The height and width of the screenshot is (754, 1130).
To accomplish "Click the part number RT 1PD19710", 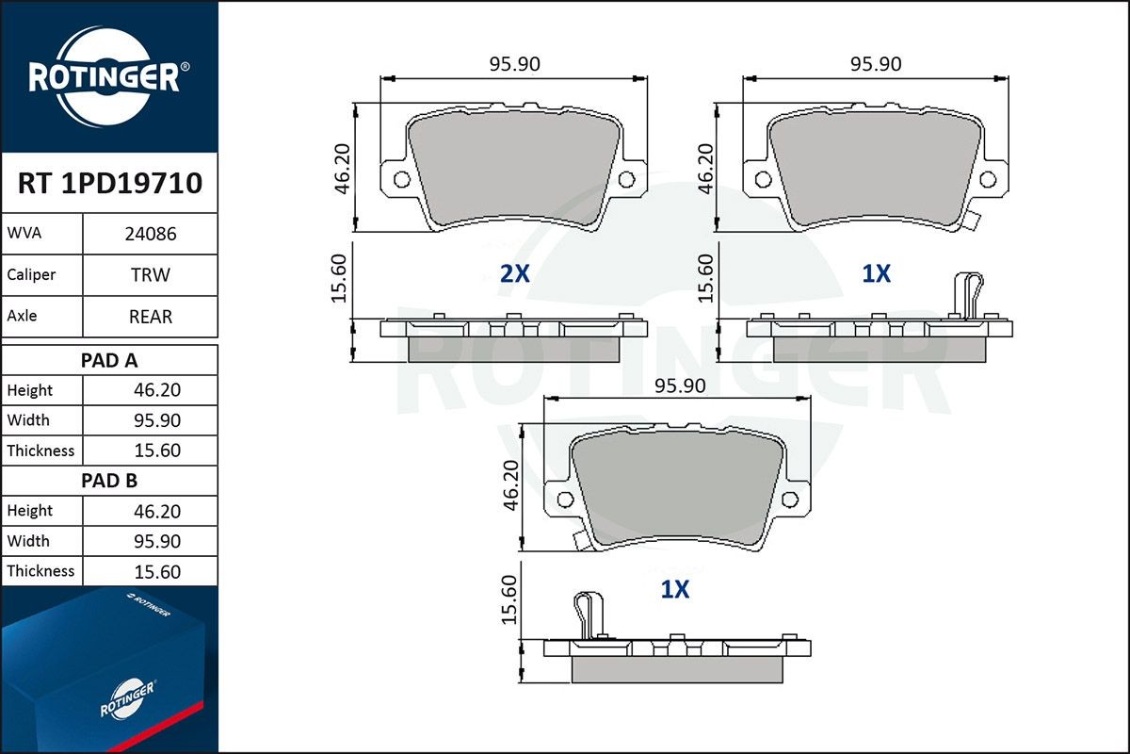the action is point(110,183).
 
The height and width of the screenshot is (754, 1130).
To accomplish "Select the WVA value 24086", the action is point(151,234).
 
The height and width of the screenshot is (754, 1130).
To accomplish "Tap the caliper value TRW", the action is point(151,274).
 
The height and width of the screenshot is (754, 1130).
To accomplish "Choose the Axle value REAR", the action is point(151,317).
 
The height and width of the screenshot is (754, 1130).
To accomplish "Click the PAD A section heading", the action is point(109,361).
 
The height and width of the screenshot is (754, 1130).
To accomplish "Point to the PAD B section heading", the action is point(109,481).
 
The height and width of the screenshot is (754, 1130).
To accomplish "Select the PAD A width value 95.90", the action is point(157,420).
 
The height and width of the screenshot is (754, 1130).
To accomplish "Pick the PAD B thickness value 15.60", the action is point(157,572).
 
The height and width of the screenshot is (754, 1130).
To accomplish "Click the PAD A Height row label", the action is point(30,390).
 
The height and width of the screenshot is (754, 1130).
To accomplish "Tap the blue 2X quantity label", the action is point(514,273).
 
